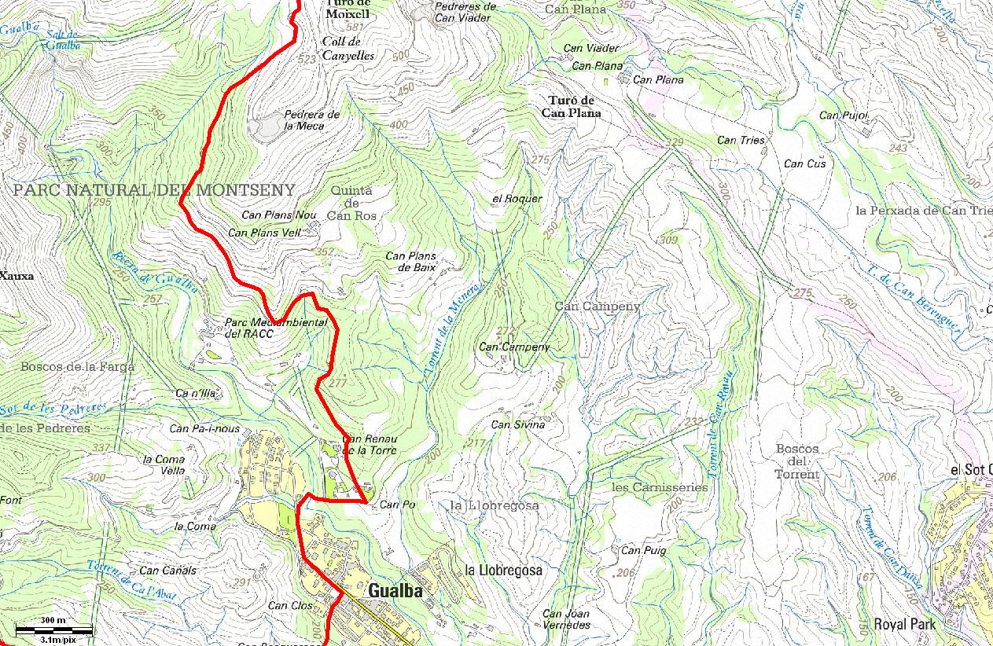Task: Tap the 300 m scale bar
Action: (53, 629)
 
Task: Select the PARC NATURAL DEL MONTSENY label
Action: (154, 190)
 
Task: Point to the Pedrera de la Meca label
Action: (311, 120)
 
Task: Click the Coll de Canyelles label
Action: (348, 49)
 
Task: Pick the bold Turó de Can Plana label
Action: (571, 107)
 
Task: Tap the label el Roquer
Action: (517, 199)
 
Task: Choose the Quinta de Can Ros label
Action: (351, 203)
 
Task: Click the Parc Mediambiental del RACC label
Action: (259, 328)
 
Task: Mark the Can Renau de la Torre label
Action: (370, 445)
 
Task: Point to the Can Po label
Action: (397, 505)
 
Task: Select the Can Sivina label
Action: (517, 425)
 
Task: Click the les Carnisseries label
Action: (659, 487)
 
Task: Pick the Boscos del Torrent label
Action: (797, 461)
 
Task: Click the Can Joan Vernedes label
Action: (566, 619)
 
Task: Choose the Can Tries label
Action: (741, 140)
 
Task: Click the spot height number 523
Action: (307, 59)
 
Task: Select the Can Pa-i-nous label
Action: (204, 429)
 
